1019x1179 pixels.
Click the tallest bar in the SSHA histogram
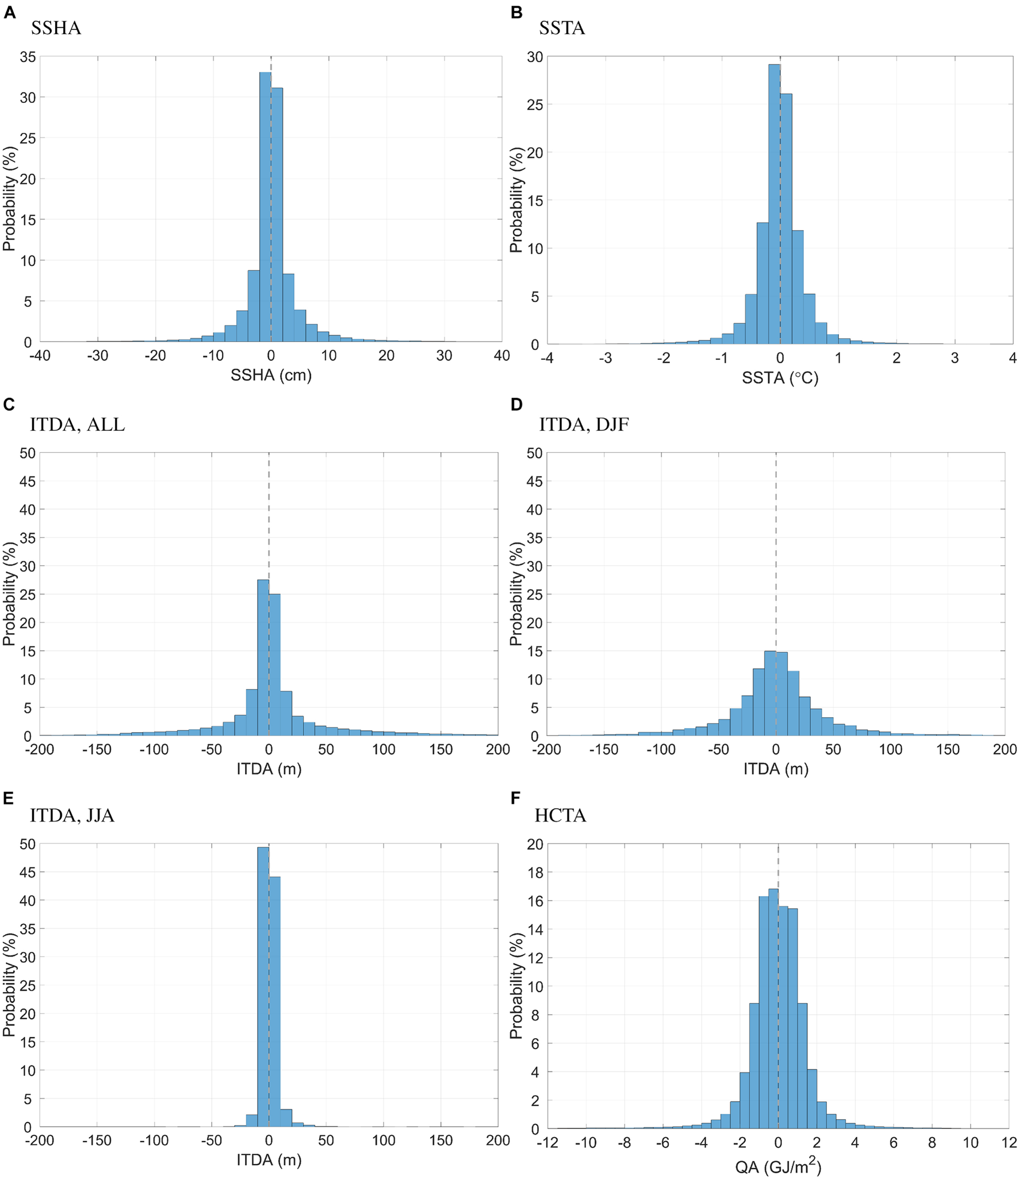265,207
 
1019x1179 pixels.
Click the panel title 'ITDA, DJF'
583,424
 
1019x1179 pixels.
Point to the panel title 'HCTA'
560,815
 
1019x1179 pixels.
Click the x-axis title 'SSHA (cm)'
271,375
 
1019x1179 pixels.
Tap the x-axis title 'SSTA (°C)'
779,378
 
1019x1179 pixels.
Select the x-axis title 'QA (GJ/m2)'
777,1166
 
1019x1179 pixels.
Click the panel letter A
9,12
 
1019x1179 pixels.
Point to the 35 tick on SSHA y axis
28,56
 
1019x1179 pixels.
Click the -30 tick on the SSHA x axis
97,355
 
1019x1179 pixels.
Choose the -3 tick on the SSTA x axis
605,358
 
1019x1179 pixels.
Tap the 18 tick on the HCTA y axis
535,872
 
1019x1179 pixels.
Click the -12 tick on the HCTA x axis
546,1142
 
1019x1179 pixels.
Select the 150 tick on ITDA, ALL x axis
440,749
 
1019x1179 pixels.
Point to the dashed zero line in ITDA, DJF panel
775,546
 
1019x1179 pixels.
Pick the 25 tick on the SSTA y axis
535,105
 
